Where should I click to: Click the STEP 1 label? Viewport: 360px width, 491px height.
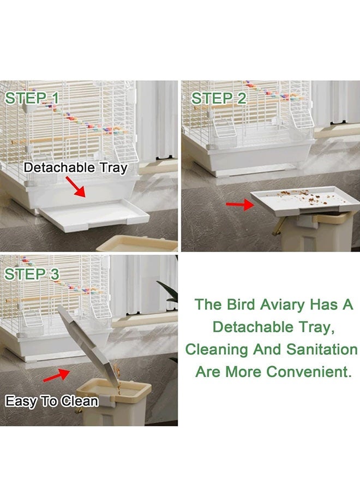tap(31, 98)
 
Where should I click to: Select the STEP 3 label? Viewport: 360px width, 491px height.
tap(31, 274)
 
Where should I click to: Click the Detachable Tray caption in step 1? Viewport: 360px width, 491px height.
tap(75, 167)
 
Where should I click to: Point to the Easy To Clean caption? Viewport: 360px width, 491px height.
tap(52, 402)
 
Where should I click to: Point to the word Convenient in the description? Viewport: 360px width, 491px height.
tap(307, 372)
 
